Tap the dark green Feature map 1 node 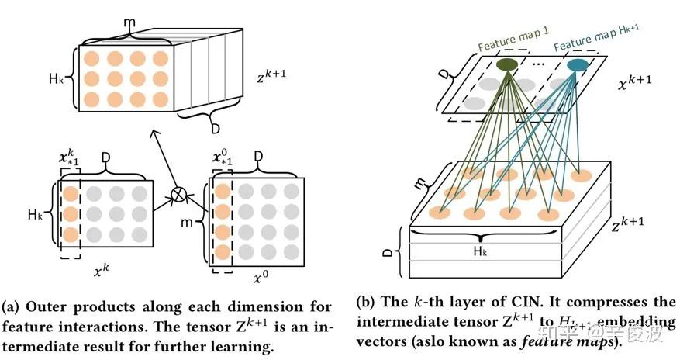coord(506,65)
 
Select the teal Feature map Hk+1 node coord(576,66)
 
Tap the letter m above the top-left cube coord(129,26)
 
